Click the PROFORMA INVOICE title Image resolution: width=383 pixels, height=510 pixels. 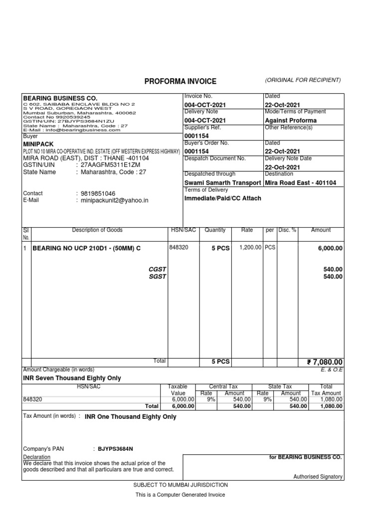point(181,81)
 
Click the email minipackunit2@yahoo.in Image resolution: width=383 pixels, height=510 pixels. point(112,200)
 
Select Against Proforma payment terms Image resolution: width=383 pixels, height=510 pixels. point(291,121)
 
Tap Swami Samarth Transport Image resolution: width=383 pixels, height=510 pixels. point(222,183)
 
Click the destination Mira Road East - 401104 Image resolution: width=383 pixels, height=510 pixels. point(300,183)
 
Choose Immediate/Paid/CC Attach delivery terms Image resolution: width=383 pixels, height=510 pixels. point(222,198)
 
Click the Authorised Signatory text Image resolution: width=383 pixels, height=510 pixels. point(318,477)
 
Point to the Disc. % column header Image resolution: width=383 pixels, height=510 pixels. point(287,230)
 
